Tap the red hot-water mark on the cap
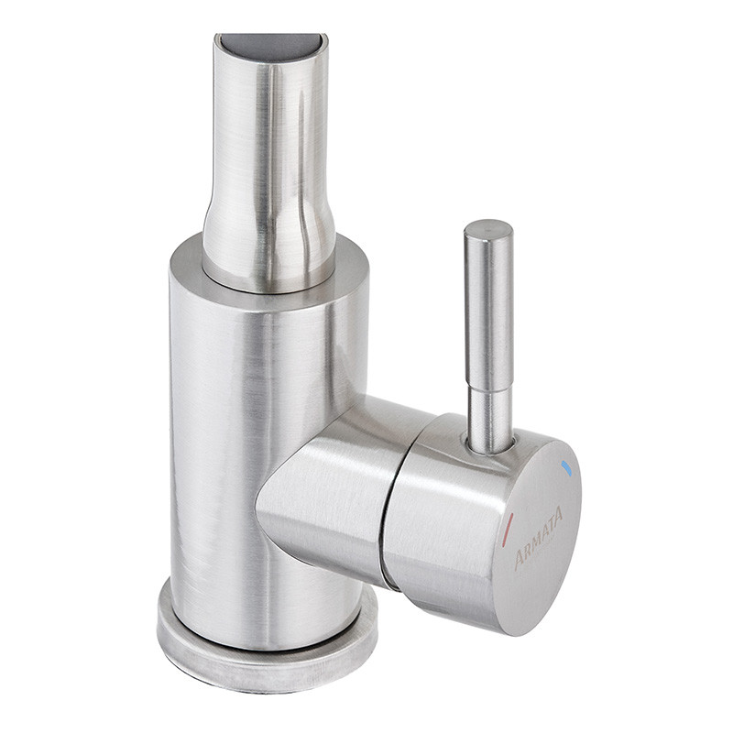point(509,529)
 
